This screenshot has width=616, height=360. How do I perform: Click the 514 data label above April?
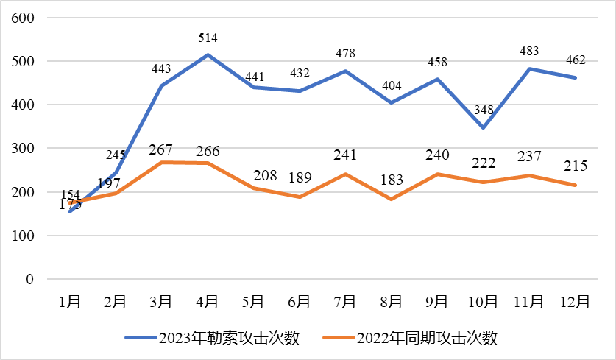coord(208,38)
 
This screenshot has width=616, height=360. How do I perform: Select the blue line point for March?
coord(161,85)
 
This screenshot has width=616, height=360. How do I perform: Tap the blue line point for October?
coord(484,127)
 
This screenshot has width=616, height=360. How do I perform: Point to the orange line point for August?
coord(392,200)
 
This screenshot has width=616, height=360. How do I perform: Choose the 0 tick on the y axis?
coord(29,280)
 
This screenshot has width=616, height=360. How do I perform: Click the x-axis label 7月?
coord(345,302)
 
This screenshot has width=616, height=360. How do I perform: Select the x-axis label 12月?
coord(575,302)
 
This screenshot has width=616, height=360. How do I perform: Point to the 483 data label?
coord(529,52)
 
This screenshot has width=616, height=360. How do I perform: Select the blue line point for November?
coord(529,68)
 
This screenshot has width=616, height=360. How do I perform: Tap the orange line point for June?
coord(300,197)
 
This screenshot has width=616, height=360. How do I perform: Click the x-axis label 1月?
coord(69,302)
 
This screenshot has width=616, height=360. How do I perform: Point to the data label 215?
coord(575,167)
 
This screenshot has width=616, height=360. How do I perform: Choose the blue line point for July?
coord(345,71)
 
